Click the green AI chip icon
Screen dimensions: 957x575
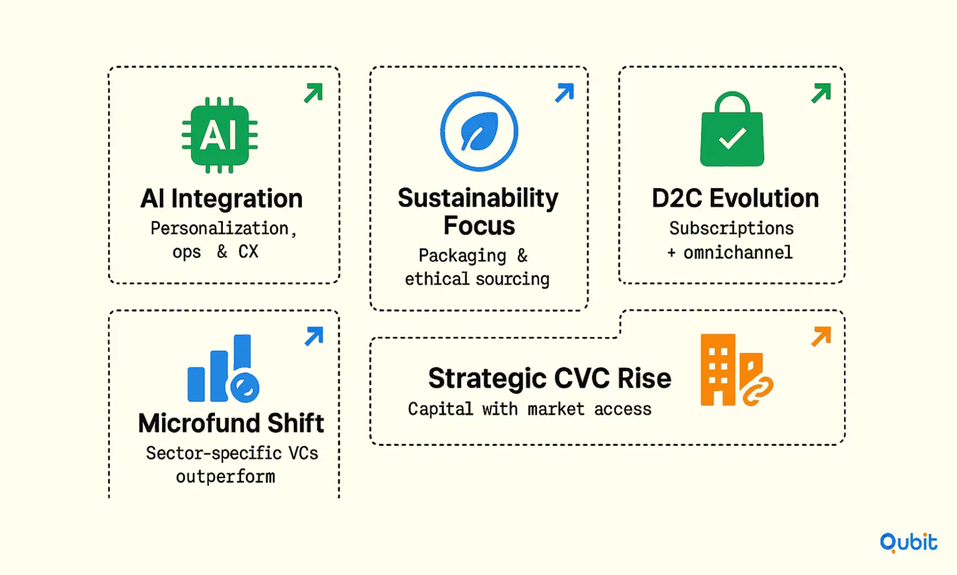click(220, 135)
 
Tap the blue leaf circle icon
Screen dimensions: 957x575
click(479, 131)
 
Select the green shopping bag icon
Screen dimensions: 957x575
click(732, 129)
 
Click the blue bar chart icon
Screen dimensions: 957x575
click(223, 368)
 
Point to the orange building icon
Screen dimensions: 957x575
click(737, 370)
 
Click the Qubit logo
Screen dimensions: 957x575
click(908, 543)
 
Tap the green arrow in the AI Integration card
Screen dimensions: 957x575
click(313, 93)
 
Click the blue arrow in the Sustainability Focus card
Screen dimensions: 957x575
click(565, 93)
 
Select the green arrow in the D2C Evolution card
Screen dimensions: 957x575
click(820, 93)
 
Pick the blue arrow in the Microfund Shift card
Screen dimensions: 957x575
click(313, 337)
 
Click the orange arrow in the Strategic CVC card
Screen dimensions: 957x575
click(821, 337)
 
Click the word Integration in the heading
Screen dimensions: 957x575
click(237, 199)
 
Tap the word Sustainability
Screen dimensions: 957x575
click(478, 199)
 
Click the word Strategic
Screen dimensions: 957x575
click(487, 379)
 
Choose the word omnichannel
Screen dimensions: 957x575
click(738, 253)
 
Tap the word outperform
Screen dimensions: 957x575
click(225, 477)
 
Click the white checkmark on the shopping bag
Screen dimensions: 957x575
click(732, 138)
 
